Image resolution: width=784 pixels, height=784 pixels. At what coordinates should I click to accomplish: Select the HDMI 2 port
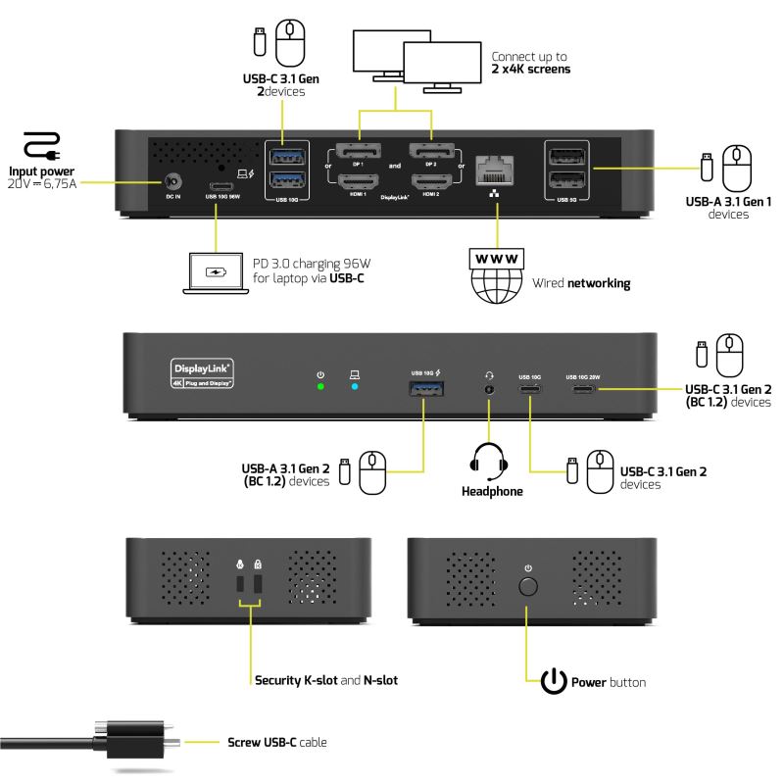click(432, 180)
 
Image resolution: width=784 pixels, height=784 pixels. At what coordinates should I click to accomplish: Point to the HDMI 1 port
click(358, 180)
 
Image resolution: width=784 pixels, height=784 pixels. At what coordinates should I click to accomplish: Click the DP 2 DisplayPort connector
click(432, 152)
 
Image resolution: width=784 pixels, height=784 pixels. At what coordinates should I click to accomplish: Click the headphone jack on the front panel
click(487, 389)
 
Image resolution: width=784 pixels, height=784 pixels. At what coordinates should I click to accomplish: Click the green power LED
click(320, 387)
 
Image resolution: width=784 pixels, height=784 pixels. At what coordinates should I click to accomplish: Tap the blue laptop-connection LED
click(355, 387)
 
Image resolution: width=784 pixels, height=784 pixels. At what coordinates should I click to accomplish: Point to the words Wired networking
click(581, 283)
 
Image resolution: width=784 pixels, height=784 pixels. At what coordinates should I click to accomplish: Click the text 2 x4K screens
click(531, 70)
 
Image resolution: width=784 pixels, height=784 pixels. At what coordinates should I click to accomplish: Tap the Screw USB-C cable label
click(276, 743)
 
